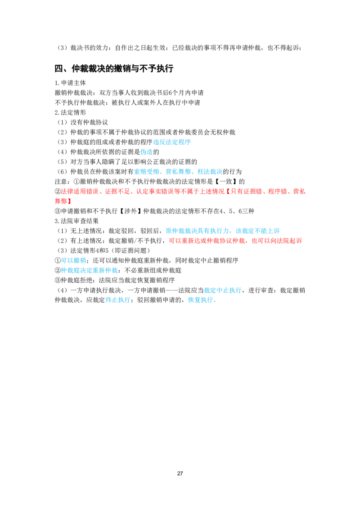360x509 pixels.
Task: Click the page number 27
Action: [x=180, y=473]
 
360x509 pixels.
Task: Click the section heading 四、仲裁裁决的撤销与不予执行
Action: [x=114, y=68]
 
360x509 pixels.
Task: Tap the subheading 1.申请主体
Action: [x=70, y=83]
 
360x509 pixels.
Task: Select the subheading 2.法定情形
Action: [x=70, y=113]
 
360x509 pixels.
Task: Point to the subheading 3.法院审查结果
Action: [x=76, y=221]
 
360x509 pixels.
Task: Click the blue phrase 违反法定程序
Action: [x=172, y=142]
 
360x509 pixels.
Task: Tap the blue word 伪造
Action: [x=147, y=152]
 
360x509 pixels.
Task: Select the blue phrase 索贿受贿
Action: [x=147, y=172]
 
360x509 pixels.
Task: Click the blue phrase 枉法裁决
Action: [x=210, y=172]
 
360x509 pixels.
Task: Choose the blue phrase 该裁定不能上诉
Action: [x=258, y=231]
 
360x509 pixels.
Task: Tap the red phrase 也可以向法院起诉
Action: [x=277, y=241]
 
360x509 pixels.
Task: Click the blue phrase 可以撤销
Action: [x=73, y=260]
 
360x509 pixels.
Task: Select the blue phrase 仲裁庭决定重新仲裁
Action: [x=90, y=270]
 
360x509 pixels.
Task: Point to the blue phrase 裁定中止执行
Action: [x=223, y=290]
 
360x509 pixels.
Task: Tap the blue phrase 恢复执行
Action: [x=200, y=300]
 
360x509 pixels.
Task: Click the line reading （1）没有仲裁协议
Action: [x=81, y=122]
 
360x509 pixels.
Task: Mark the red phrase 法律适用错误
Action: [x=80, y=192]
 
